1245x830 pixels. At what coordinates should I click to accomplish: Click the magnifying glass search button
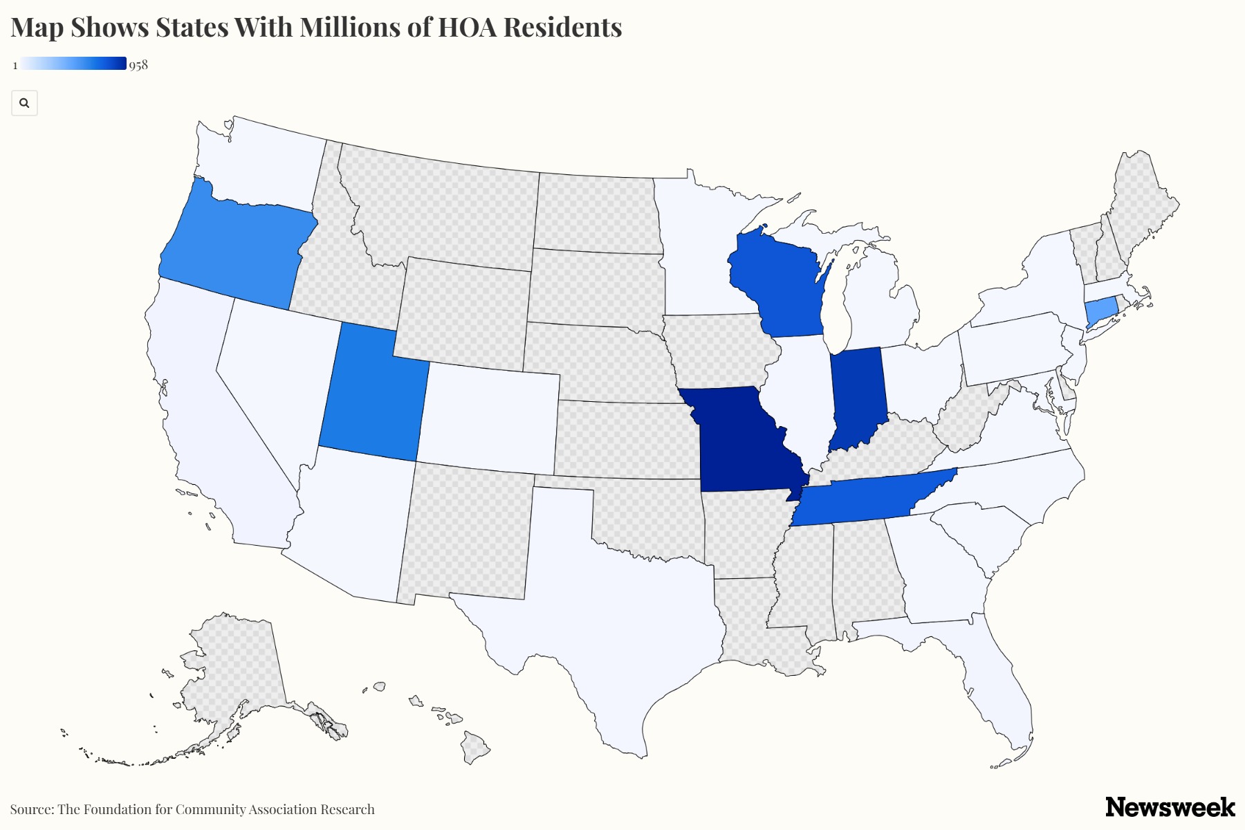[24, 103]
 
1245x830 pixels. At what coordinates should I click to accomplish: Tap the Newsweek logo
[1170, 806]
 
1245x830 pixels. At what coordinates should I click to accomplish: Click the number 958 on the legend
[138, 65]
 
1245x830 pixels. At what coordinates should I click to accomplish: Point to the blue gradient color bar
[73, 64]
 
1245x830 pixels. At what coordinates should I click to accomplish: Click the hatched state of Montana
[443, 207]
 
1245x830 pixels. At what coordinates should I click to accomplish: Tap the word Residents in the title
[562, 28]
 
